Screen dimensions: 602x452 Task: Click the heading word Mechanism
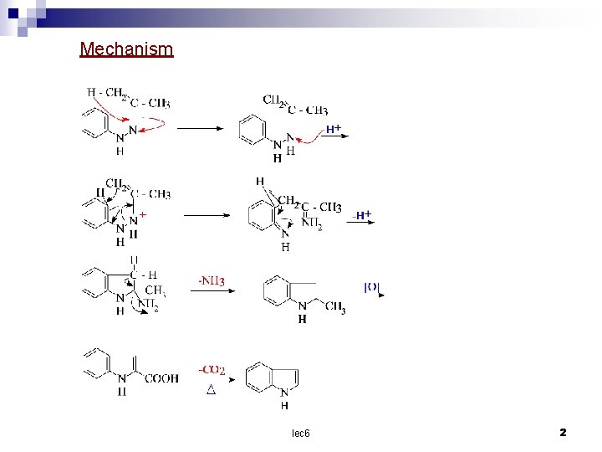[x=126, y=49]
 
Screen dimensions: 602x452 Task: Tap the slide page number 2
[x=563, y=432]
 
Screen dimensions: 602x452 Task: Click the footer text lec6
[x=300, y=433]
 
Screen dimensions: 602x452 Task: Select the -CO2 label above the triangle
[x=212, y=370]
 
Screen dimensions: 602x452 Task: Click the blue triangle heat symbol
[x=211, y=390]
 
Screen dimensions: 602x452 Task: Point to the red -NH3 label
[x=212, y=279]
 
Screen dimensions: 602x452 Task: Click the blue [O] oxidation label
[x=372, y=287]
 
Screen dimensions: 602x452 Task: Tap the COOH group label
[x=161, y=378]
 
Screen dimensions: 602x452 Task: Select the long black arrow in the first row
[x=200, y=128]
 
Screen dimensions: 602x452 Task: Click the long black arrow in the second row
[x=212, y=214]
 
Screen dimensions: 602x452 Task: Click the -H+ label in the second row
[x=362, y=215]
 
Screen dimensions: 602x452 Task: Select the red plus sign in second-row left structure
[x=143, y=215]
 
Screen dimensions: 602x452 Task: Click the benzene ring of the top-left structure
[x=94, y=125]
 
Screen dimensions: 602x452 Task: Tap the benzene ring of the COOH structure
[x=94, y=363]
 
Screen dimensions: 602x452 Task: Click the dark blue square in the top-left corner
[x=13, y=13]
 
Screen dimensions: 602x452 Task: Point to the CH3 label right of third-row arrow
[x=334, y=307]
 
